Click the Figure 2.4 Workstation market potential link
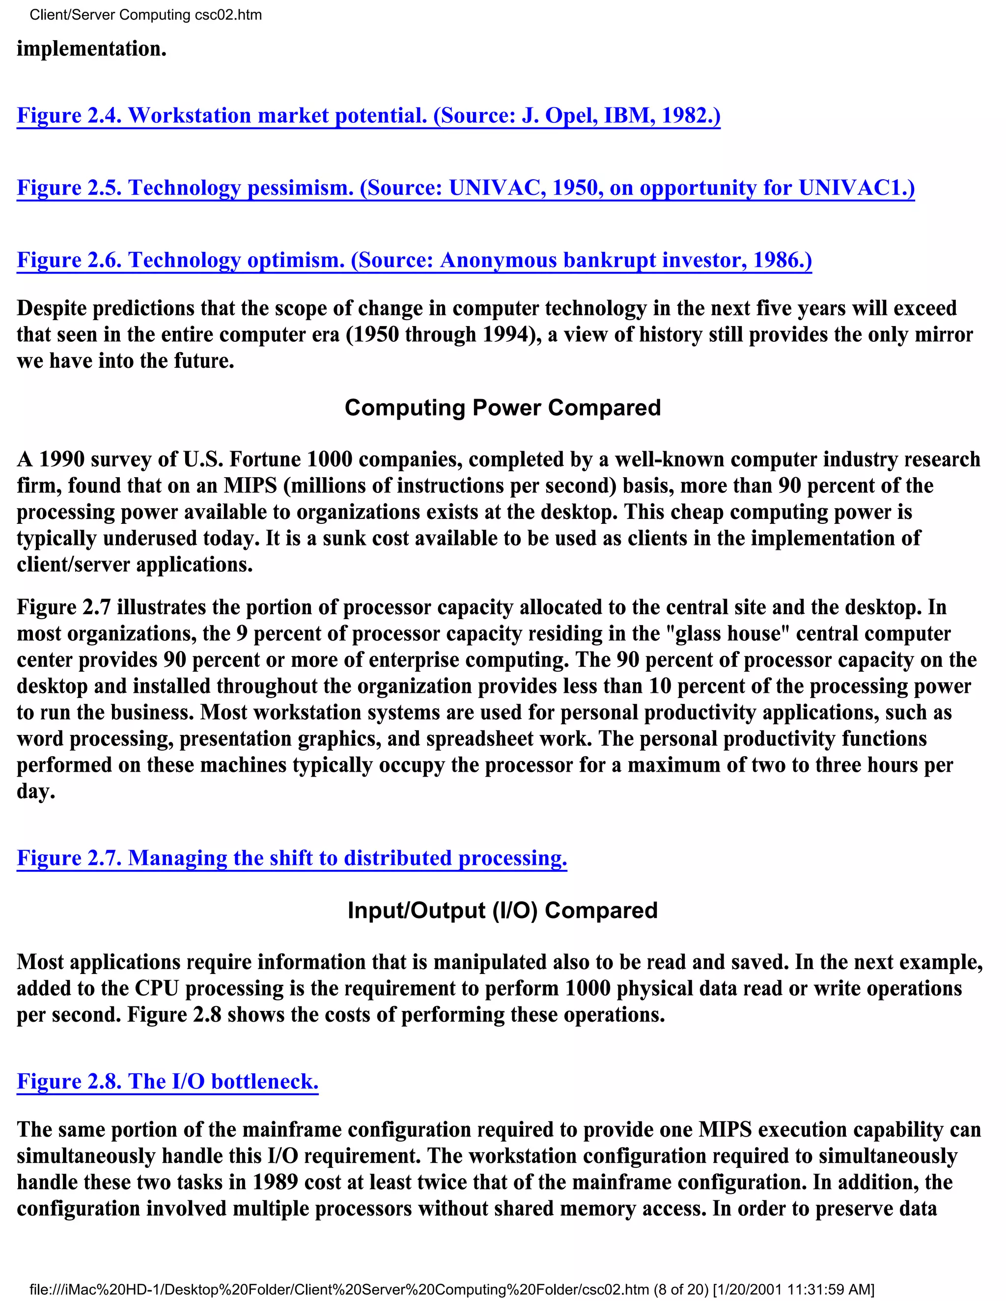pyautogui.click(x=368, y=115)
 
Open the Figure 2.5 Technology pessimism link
pyautogui.click(x=465, y=188)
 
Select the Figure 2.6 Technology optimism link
pyautogui.click(x=414, y=260)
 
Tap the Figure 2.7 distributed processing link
pyautogui.click(x=291, y=858)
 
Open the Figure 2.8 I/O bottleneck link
pyautogui.click(x=168, y=1081)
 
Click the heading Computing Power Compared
pyautogui.click(x=503, y=408)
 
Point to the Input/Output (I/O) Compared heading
pyautogui.click(x=503, y=911)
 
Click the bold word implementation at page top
pyautogui.click(x=91, y=49)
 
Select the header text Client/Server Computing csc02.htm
pyautogui.click(x=145, y=15)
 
